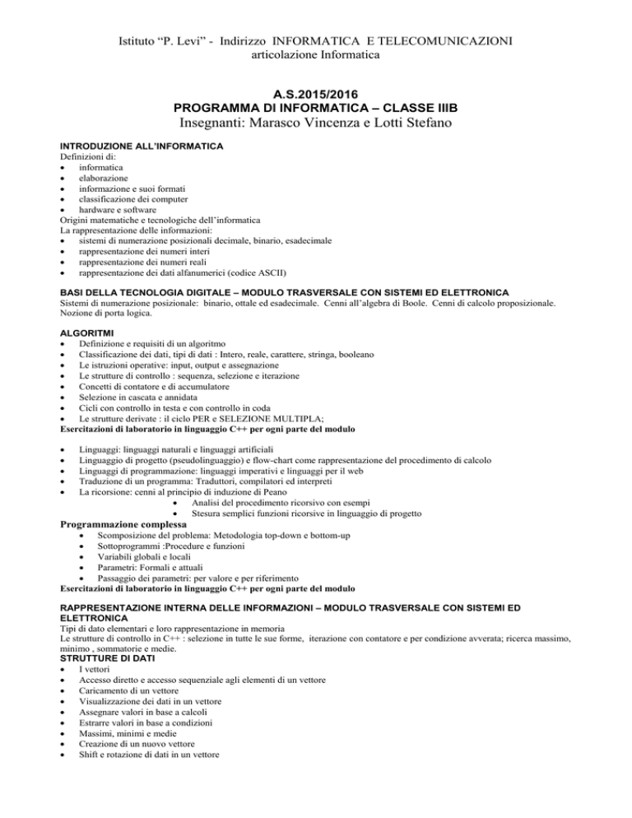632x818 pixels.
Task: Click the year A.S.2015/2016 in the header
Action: (x=315, y=93)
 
